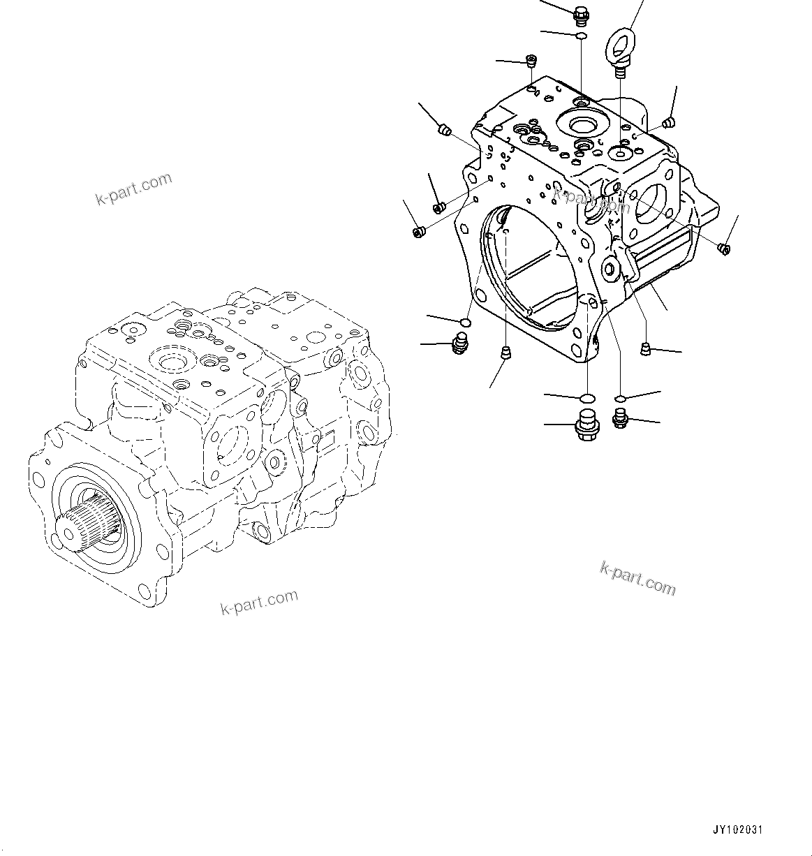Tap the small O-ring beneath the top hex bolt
point(581,35)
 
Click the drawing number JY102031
point(737,829)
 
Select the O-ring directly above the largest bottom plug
point(587,398)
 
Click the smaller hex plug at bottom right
point(619,418)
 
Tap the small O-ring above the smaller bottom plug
point(619,399)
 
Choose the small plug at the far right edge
point(724,246)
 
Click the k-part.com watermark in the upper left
point(133,189)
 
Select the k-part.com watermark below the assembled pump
point(259,602)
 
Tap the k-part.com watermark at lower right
point(637,578)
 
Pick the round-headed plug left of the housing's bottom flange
point(459,344)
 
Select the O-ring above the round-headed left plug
point(464,322)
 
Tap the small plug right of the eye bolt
point(667,124)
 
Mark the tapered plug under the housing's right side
point(646,348)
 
